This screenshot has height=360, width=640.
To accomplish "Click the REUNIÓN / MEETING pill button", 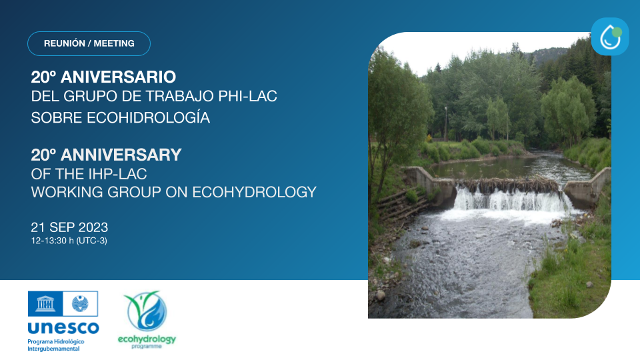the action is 89,43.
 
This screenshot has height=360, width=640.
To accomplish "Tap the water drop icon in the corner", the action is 610,36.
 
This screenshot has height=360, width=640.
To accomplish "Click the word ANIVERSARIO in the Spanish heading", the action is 119,77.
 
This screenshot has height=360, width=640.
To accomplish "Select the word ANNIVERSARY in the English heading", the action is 121,155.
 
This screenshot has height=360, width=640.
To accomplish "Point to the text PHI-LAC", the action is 248,96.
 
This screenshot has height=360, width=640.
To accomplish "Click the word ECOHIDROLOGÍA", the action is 149,117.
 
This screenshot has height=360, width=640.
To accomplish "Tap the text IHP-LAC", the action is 118,174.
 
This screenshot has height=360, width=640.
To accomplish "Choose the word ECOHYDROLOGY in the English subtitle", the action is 254,192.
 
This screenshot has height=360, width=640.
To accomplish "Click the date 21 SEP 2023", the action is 69,227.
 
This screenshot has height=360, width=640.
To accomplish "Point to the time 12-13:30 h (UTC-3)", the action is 69,241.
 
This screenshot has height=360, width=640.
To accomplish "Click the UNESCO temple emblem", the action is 45,304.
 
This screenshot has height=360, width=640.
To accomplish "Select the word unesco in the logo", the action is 63,327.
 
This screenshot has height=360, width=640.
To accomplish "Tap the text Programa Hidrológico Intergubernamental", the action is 56,345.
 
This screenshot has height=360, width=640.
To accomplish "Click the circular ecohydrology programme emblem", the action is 146,311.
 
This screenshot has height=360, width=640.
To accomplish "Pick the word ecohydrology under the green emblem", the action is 147,339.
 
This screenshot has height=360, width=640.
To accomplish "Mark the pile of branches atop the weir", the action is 510,185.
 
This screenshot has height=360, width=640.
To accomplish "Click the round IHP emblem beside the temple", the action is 80,304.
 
